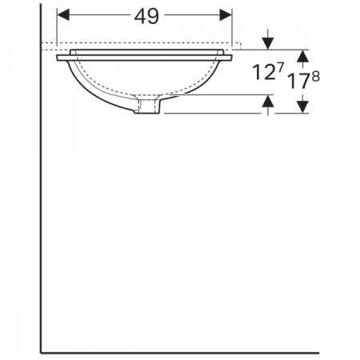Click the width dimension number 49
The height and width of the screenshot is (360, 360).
click(146, 17)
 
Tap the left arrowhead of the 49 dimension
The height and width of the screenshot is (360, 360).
click(63, 14)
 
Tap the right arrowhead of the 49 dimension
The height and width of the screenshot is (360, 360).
click(226, 14)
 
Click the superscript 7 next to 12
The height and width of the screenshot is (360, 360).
click(281, 66)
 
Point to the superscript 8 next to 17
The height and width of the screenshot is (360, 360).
click(315, 77)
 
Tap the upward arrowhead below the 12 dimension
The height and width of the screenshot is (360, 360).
click(268, 101)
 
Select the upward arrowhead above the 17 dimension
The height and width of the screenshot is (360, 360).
click(302, 56)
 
